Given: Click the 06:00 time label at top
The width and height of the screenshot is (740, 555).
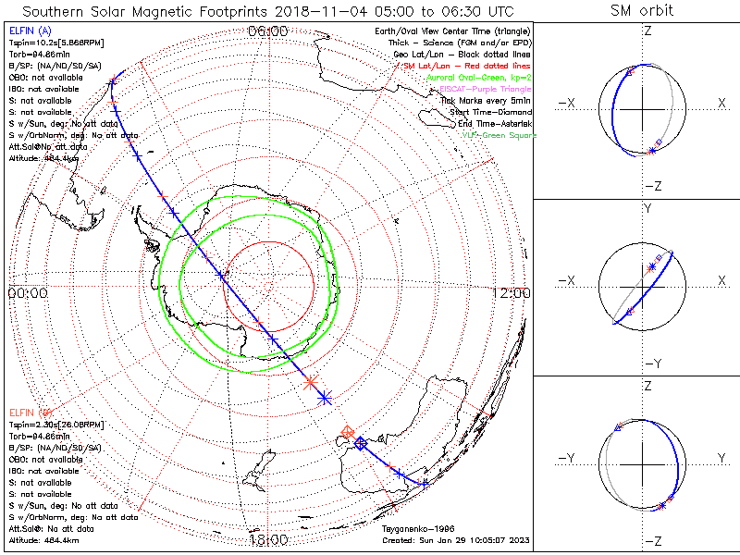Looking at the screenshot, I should [268, 31].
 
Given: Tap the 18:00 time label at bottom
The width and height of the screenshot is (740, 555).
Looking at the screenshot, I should [268, 540].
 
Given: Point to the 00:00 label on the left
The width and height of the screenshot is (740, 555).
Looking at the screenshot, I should [27, 293].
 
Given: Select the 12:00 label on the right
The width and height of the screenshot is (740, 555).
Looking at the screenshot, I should [512, 293].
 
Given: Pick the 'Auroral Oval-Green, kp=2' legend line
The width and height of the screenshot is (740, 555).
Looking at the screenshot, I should [477, 78].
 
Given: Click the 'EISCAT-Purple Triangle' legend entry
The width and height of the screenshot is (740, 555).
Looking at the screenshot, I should [481, 89].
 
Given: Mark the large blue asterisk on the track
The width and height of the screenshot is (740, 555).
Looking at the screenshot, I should [325, 397].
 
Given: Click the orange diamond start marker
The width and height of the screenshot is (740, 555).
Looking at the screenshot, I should [348, 432].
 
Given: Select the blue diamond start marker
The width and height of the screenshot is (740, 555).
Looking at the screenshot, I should [361, 444].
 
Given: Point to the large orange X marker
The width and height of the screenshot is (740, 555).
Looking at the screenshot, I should [311, 381].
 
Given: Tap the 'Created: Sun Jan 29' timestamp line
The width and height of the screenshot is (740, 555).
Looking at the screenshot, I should [455, 540].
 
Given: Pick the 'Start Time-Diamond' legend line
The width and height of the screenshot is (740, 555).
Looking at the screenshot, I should [488, 112].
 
